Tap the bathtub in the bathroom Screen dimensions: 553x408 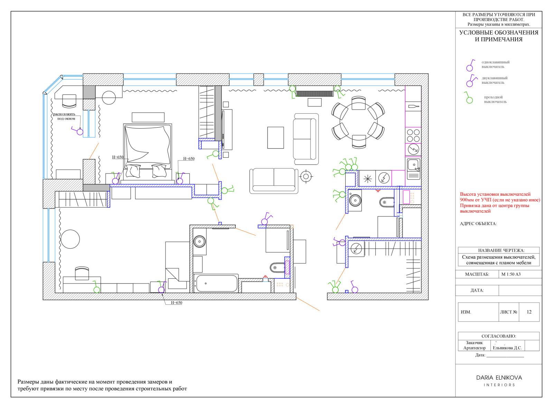click(x=216, y=284)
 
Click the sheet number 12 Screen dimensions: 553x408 click(x=529, y=312)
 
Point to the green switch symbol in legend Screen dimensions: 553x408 click(x=469, y=98)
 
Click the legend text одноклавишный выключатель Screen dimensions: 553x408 click(x=495, y=64)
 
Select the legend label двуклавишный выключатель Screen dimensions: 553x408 click(x=494, y=80)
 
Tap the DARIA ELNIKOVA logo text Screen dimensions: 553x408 click(x=499, y=378)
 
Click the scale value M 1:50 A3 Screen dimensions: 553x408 click(x=511, y=274)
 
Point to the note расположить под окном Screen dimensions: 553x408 click(x=64, y=116)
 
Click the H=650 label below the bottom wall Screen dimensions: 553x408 click(x=177, y=303)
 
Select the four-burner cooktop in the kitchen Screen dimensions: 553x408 click(x=413, y=135)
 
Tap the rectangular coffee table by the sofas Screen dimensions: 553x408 click(x=275, y=138)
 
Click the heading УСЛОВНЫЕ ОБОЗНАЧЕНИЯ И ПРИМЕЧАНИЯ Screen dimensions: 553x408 click(x=499, y=36)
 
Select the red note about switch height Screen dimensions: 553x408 click(x=500, y=203)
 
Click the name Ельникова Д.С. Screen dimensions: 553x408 click(x=507, y=348)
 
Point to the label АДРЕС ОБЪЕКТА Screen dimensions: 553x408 click(x=478, y=224)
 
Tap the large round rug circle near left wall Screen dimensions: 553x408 click(x=70, y=239)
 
